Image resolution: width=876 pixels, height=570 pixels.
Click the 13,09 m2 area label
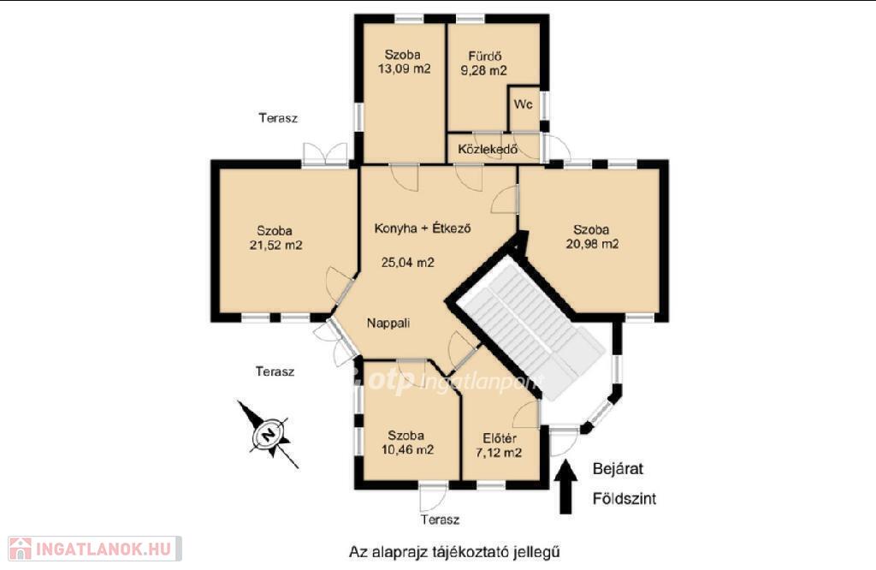point(405,69)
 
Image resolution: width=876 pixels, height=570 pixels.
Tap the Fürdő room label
point(484,56)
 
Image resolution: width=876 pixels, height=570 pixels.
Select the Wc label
point(524,104)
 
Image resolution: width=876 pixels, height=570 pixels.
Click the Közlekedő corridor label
point(488,149)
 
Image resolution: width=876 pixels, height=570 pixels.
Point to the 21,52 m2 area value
point(276,245)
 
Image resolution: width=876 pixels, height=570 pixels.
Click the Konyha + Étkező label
point(423,228)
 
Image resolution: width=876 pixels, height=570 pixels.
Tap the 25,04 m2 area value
point(408,262)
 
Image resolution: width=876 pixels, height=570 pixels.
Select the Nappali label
point(388,323)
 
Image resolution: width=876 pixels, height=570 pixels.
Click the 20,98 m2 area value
point(592,244)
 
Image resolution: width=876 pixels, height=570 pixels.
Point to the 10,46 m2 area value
point(407,449)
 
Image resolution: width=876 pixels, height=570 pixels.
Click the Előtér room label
point(500,438)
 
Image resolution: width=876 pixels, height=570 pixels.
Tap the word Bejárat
point(618,469)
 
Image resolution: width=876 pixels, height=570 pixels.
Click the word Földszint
point(624,498)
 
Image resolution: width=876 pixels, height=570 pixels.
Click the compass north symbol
point(269,434)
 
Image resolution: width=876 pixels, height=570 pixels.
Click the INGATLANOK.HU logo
point(95,549)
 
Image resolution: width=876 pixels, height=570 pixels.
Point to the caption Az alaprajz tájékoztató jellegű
point(454,552)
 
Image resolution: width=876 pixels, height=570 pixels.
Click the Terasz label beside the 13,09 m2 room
point(278,118)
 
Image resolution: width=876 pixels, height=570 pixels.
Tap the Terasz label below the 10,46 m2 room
point(441,520)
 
